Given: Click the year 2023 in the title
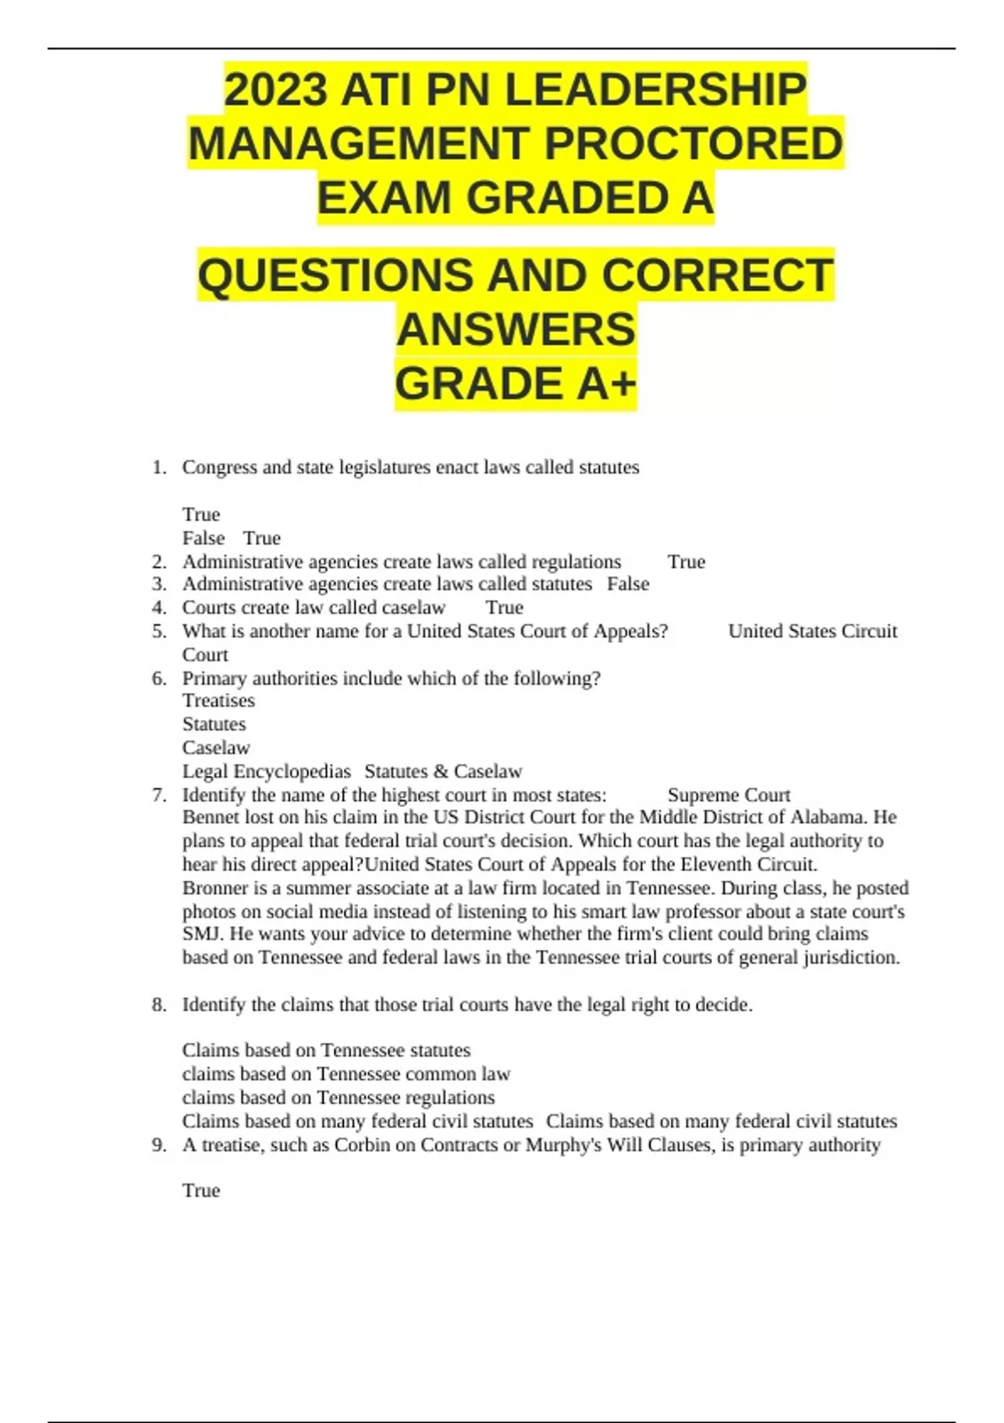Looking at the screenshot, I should point(275,90).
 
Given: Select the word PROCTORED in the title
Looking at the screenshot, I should point(694,144).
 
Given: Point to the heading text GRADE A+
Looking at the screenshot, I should point(515,384).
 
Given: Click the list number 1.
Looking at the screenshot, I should point(159,467).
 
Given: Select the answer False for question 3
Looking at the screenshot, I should point(628,584).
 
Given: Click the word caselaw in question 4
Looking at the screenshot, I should point(413,608).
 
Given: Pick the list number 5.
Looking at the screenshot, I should point(159,631).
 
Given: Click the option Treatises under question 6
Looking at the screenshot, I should point(218,701).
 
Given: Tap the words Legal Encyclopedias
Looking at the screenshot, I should point(266,771).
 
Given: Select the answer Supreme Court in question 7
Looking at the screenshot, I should point(729,794).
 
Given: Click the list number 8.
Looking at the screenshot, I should point(159,1004).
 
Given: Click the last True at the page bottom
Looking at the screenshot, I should point(201,1190).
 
